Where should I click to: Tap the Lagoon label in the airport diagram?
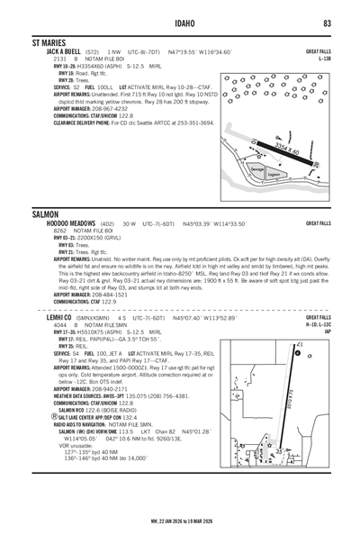274,176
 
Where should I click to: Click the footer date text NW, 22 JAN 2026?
179,520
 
